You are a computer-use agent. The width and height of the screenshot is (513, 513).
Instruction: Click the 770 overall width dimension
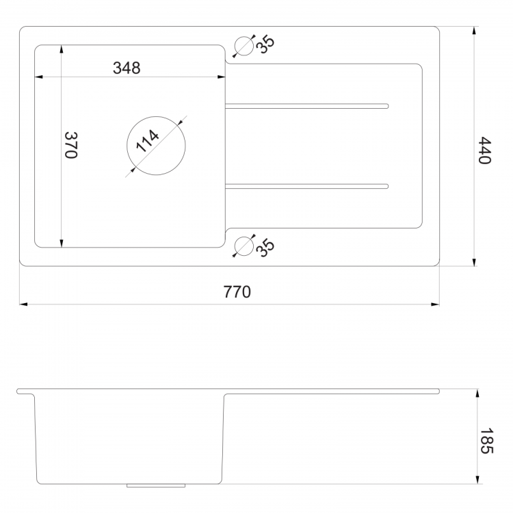(x=237, y=291)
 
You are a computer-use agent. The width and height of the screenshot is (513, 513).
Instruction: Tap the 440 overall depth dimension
(x=484, y=150)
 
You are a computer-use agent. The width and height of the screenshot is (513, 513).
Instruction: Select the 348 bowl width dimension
(x=127, y=68)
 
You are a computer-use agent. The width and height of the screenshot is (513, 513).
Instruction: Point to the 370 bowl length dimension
(x=70, y=145)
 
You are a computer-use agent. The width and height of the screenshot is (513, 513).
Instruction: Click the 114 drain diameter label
(x=147, y=141)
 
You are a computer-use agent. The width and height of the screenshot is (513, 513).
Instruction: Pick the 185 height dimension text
(x=486, y=440)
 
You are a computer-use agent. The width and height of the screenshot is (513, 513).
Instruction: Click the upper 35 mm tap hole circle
(x=244, y=46)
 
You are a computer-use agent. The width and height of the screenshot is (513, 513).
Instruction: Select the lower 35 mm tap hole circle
(x=244, y=246)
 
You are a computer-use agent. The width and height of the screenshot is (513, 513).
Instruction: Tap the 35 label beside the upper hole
(x=265, y=44)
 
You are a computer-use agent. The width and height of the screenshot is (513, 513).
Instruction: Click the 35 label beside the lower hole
(x=265, y=248)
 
